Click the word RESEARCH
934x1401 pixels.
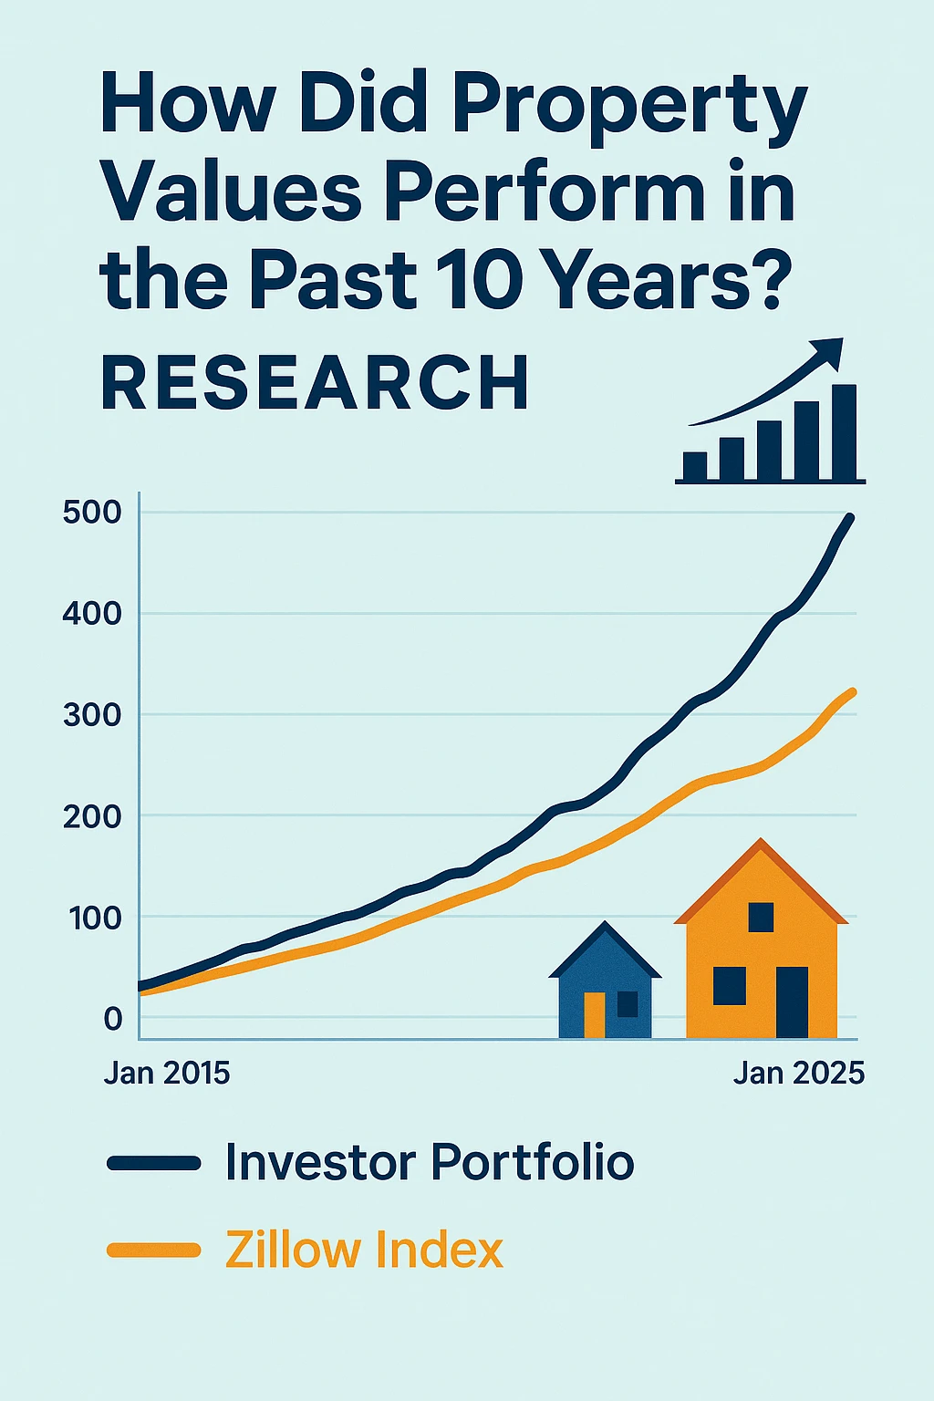point(315,383)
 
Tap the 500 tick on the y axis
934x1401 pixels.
point(92,512)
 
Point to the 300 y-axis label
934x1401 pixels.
point(92,715)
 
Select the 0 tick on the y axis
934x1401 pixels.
point(113,1019)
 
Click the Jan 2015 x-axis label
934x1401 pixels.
point(167,1073)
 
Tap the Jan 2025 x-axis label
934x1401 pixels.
point(798,1073)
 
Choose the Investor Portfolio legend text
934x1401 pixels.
point(430,1162)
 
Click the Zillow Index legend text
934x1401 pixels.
point(364,1250)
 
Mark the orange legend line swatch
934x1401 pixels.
point(153,1250)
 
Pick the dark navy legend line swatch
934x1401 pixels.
point(153,1162)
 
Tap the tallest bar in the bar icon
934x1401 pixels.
point(845,432)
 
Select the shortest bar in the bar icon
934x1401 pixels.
point(695,465)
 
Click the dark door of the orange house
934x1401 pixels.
point(792,1001)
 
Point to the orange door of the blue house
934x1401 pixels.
point(595,1014)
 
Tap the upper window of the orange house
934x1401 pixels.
point(761,917)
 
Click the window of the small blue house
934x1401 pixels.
point(628,1003)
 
